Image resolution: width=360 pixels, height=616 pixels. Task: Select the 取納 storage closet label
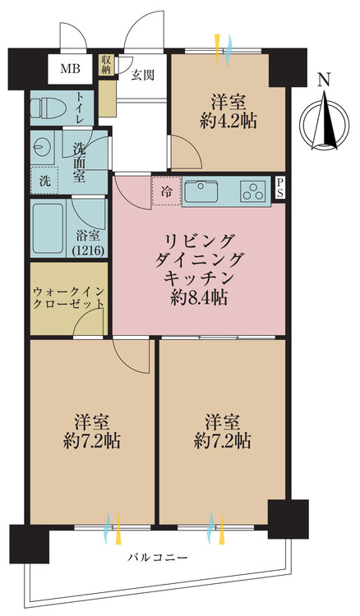(106, 65)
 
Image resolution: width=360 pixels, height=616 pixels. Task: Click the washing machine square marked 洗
(44, 180)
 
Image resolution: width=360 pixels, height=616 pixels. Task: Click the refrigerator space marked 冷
(166, 192)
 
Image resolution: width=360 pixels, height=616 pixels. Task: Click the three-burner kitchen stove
(252, 192)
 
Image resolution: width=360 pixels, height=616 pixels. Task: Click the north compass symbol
(325, 122)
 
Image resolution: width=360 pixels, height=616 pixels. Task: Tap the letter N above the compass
(325, 80)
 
